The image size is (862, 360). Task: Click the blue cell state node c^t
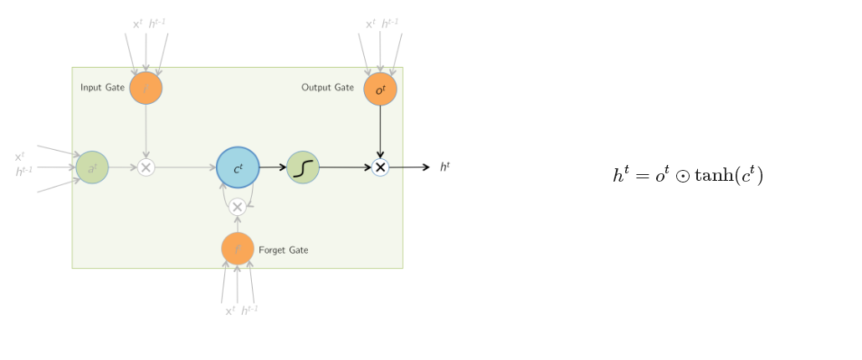point(238,167)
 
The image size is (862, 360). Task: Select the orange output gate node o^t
point(380,89)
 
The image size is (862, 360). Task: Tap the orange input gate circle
point(146,88)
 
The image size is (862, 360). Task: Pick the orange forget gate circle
point(238,249)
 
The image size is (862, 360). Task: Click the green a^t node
point(92,167)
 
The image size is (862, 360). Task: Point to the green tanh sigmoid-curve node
point(303,167)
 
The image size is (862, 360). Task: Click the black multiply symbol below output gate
point(380,167)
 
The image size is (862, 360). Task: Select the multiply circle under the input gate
point(146,167)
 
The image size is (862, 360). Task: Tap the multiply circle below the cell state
point(238,207)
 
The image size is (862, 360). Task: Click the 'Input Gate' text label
point(102,87)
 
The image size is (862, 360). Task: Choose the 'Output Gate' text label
point(327,87)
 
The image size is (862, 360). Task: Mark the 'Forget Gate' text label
point(283,249)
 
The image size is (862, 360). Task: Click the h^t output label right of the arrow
point(445,167)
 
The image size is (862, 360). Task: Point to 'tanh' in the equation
point(717,176)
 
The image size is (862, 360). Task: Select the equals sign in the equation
point(640,176)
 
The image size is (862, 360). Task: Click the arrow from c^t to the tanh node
point(273,167)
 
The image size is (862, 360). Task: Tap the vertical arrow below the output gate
point(380,130)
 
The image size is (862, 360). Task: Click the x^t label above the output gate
point(371,24)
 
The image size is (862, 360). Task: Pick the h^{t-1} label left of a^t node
point(24,172)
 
